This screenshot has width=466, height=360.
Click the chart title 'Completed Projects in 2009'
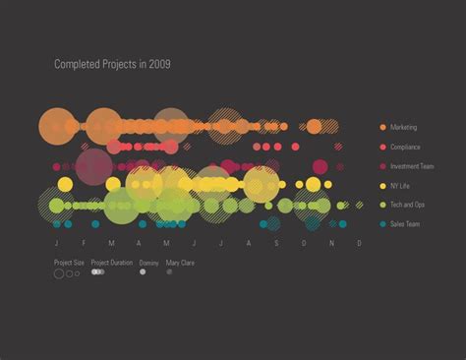(113, 64)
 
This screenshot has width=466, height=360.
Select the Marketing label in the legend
(403, 128)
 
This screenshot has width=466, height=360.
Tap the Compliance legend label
(405, 148)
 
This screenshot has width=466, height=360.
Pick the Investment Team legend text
(412, 166)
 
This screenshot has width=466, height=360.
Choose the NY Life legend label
(401, 186)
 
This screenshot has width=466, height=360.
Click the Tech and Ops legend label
(407, 205)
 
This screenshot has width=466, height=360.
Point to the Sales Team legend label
(404, 224)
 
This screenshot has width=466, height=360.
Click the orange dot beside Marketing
(381, 128)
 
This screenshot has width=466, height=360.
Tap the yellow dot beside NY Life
(381, 186)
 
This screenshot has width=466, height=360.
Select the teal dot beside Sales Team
(381, 224)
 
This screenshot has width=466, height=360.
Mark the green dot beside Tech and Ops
(381, 205)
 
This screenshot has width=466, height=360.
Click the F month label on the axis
(84, 243)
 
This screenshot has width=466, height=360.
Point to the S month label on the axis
(276, 243)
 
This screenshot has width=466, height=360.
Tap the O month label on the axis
(304, 243)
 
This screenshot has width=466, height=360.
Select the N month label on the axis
(331, 243)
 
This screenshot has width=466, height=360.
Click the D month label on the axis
(359, 243)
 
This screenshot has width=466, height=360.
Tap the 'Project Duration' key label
(111, 263)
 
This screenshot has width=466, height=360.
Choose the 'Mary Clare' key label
(180, 263)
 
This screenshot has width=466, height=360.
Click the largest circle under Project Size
(59, 273)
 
